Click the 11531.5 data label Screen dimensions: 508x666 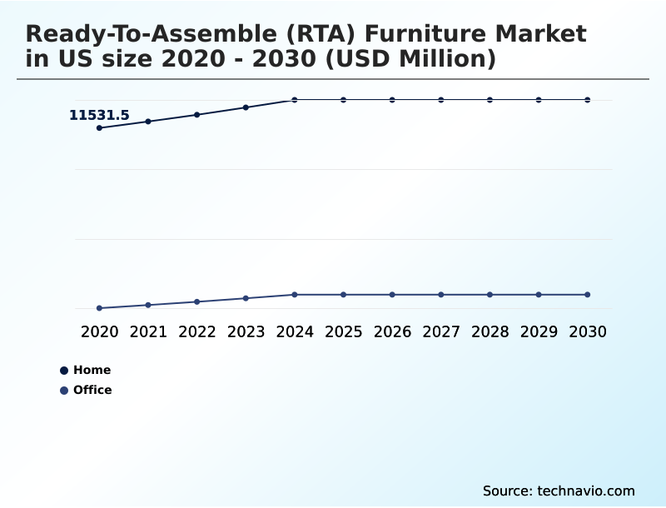pyautogui.click(x=99, y=116)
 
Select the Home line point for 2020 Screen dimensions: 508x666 pyautogui.click(x=99, y=128)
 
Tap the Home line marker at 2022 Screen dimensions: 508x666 pyautogui.click(x=197, y=115)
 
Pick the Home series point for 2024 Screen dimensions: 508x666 pyautogui.click(x=295, y=100)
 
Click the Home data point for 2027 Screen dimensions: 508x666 pyautogui.click(x=441, y=100)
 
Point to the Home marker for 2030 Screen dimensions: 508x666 pyautogui.click(x=588, y=100)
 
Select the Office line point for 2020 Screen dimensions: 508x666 pyautogui.click(x=99, y=308)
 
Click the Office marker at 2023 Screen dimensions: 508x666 pyautogui.click(x=246, y=298)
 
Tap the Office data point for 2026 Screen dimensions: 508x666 pyautogui.click(x=392, y=295)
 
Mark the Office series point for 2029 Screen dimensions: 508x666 pyautogui.click(x=539, y=295)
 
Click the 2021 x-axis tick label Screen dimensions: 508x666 pyautogui.click(x=148, y=332)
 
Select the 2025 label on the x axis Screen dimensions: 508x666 pyautogui.click(x=343, y=332)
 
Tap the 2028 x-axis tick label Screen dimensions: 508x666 pyautogui.click(x=490, y=332)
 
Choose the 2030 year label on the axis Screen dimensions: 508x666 pyautogui.click(x=588, y=332)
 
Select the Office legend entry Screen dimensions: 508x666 pyautogui.click(x=87, y=391)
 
